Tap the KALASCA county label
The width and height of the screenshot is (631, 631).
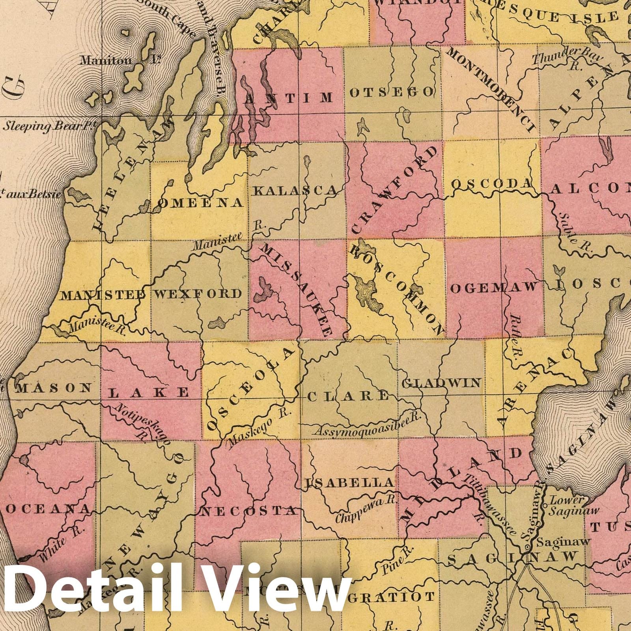(x=295, y=191)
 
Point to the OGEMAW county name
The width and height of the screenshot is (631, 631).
(x=494, y=287)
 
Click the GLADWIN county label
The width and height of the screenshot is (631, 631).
(x=441, y=383)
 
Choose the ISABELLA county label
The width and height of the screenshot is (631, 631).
(x=350, y=482)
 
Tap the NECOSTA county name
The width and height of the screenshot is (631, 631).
(x=248, y=511)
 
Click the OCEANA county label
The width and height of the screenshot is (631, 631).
(x=48, y=509)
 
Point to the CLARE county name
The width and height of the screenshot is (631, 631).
(x=348, y=396)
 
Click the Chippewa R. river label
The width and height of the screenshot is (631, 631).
(x=366, y=511)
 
